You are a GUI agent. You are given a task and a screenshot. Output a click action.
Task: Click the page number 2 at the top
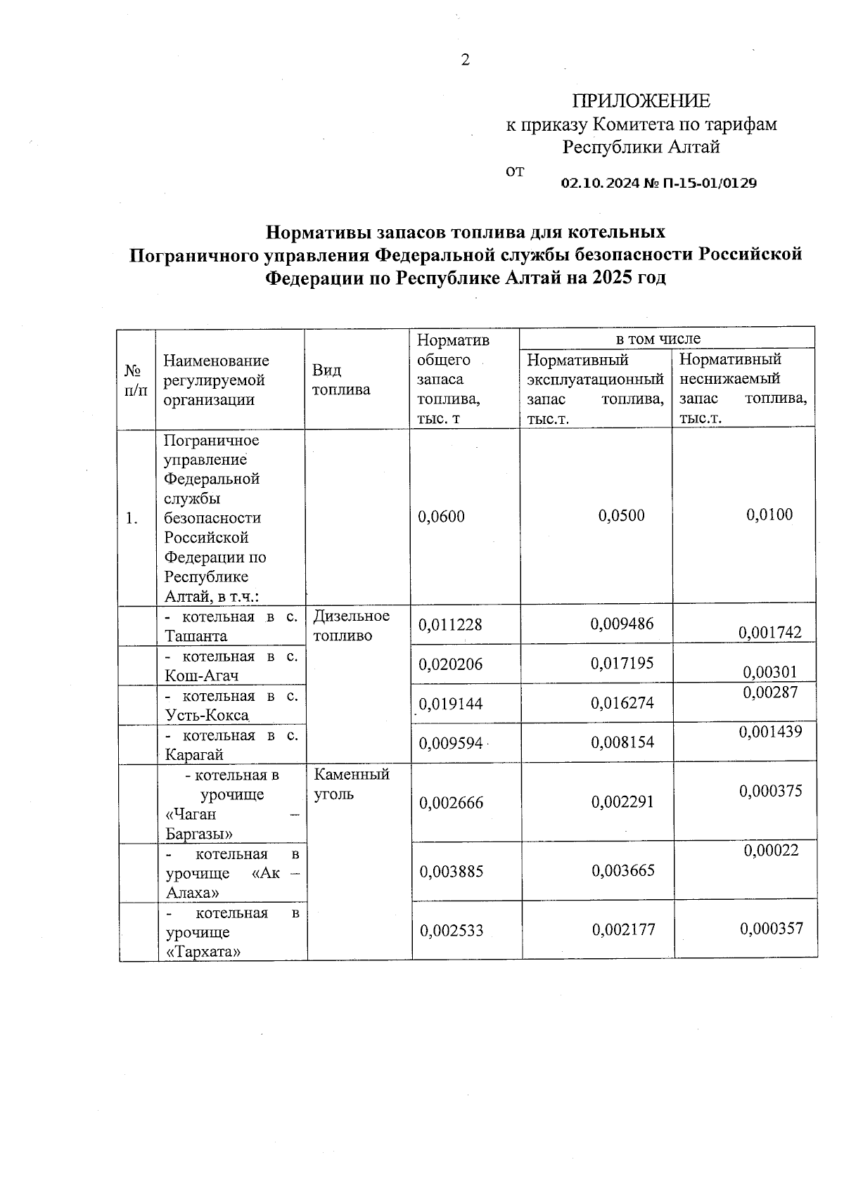465,60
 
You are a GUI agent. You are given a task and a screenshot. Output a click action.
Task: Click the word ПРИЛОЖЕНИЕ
641,101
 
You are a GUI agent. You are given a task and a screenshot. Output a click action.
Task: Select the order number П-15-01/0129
710,183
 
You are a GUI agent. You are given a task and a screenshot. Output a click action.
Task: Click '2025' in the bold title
610,278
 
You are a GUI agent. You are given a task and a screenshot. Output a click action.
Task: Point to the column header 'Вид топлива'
341,380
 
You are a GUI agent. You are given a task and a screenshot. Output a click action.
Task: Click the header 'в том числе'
658,339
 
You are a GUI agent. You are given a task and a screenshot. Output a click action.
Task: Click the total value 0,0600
441,517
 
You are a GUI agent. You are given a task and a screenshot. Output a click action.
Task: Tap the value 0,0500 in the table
621,515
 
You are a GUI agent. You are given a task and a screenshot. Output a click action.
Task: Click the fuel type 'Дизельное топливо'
350,626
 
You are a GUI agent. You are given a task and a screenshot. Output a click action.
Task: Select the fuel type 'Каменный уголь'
351,785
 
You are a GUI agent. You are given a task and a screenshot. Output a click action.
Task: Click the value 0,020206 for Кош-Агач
451,664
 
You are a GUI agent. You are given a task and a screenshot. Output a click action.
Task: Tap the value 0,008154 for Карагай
622,742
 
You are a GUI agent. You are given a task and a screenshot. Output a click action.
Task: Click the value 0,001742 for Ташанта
769,632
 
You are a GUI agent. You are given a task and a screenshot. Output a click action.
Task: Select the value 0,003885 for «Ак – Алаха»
452,872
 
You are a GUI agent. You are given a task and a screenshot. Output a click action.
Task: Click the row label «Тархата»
203,953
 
